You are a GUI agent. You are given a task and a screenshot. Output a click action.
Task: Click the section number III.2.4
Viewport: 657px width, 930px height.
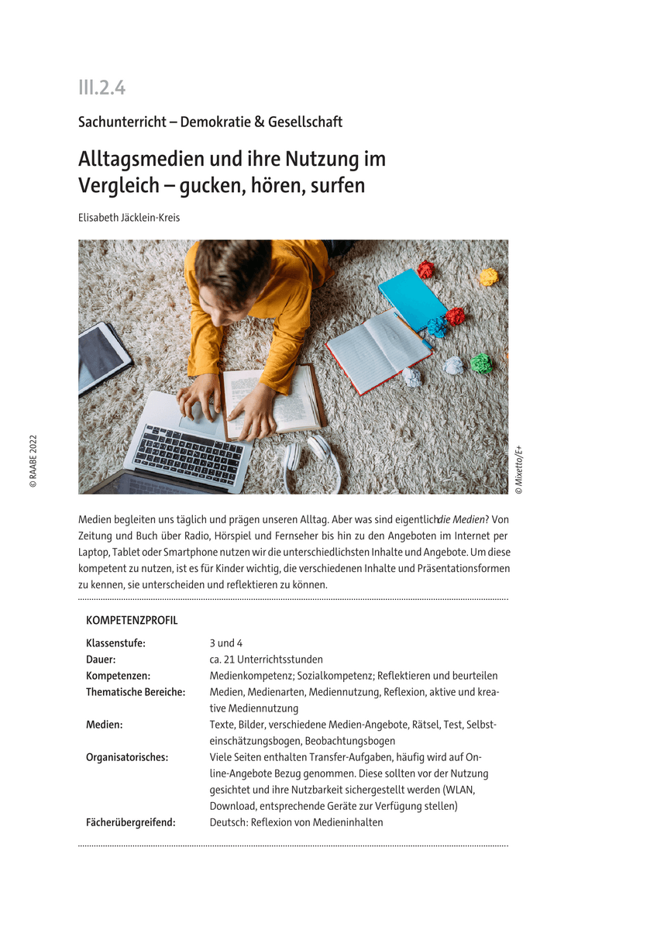tap(101, 88)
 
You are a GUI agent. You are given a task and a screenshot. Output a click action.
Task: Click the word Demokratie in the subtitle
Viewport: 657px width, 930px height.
tap(215, 122)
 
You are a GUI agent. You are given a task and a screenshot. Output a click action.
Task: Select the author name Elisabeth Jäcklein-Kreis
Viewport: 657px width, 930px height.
tap(129, 218)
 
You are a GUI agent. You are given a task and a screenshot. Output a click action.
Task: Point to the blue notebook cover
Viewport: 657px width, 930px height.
tap(412, 299)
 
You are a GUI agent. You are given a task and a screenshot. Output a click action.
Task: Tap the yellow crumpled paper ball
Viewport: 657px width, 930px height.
tap(488, 277)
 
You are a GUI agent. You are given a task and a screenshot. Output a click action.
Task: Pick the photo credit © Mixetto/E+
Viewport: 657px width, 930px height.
tap(518, 470)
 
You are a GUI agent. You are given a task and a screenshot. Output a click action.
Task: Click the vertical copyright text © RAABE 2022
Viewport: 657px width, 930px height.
tap(33, 461)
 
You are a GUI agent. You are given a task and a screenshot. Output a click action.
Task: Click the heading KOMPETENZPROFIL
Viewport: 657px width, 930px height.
tap(132, 621)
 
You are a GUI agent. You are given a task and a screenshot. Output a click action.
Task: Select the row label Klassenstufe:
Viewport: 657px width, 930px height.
tap(115, 643)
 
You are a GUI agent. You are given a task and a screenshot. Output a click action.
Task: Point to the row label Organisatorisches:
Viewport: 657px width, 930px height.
tap(127, 757)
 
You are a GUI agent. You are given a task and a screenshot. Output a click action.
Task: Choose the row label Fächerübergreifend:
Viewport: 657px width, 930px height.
tap(131, 822)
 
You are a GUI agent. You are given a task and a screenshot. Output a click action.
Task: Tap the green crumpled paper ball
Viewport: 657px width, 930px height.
tap(481, 363)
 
